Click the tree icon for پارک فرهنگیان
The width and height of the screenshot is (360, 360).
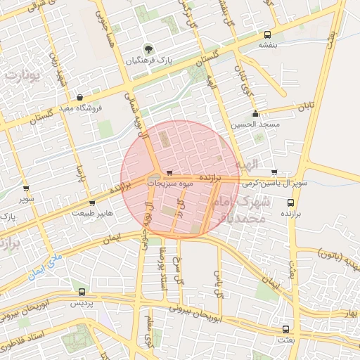tap(148, 49)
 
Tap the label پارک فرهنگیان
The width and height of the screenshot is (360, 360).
tap(148, 60)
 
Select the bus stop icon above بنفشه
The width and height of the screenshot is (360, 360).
tap(267, 34)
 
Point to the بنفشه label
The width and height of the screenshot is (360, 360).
tap(267, 45)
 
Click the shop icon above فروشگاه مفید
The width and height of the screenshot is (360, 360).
tap(79, 98)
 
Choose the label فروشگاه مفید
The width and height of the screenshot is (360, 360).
tap(80, 108)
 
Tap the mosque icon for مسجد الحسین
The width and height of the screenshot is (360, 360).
tap(255, 114)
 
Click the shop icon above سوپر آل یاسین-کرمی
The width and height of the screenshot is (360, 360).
tap(274, 172)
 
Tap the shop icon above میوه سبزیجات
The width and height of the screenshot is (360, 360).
tap(169, 172)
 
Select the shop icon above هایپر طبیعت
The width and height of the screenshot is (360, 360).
tap(92, 203)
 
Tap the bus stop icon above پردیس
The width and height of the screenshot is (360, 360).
tap(82, 291)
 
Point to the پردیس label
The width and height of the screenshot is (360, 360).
tap(82, 302)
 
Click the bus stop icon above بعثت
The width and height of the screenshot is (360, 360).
tap(285, 329)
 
